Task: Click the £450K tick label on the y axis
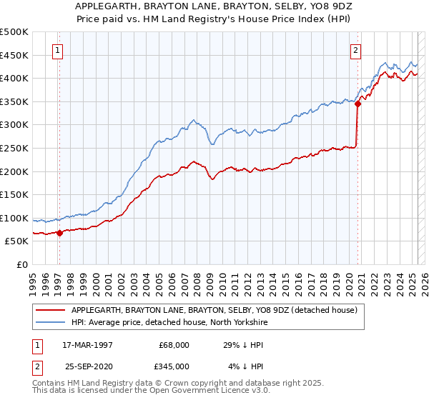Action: (14, 55)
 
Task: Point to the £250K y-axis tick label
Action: (14, 148)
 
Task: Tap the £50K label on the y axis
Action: (17, 241)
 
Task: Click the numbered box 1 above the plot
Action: (56, 50)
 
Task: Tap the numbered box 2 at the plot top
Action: (355, 50)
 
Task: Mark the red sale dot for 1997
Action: (60, 232)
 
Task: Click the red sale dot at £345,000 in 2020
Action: (357, 104)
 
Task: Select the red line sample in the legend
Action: (51, 309)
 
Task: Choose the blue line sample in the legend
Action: (51, 322)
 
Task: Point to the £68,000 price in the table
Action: (174, 345)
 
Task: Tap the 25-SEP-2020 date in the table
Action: (88, 365)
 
